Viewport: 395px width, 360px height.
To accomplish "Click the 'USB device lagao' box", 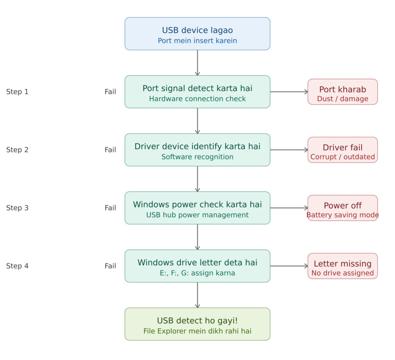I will [197, 34].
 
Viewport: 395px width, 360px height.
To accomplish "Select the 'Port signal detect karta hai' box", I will [197, 92].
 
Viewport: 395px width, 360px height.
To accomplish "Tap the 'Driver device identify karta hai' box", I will [197, 150].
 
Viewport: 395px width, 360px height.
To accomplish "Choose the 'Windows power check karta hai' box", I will [197, 208].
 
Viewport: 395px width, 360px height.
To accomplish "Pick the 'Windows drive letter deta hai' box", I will [197, 266].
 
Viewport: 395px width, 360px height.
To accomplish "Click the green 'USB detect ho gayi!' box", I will [197, 324].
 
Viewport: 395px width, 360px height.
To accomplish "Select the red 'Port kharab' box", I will [343, 92].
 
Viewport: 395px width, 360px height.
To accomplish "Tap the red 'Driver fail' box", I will [343, 150].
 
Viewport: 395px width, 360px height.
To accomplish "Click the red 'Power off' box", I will [343, 208].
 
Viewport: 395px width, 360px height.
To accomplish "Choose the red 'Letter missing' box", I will [343, 266].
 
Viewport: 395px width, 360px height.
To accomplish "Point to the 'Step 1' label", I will [17, 92].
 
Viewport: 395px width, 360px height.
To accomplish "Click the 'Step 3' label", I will [17, 208].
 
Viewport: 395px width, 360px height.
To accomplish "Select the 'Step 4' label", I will [17, 266].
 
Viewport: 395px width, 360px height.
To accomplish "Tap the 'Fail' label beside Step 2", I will [110, 150].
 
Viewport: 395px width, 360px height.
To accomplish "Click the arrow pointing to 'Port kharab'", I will [289, 92].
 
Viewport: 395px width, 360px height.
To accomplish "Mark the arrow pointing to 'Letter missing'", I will [289, 266].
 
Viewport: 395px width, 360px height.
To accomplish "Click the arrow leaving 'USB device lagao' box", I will [197, 63].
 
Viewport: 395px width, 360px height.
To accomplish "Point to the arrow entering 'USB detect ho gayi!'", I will [197, 295].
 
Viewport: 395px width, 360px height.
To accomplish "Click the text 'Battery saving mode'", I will [343, 215].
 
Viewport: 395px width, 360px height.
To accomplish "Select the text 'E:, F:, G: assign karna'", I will [197, 273].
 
